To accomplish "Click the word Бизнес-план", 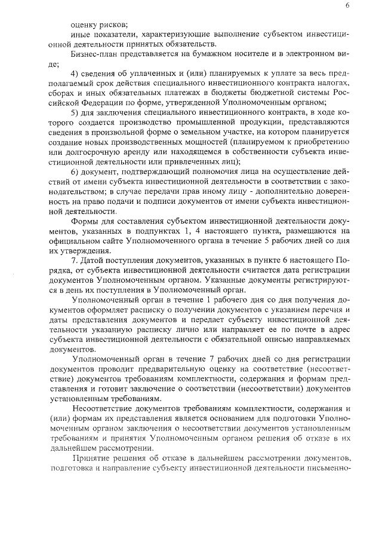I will tap(95, 54).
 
